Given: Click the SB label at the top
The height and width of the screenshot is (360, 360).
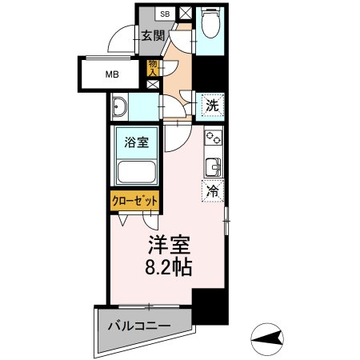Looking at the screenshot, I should (165, 14).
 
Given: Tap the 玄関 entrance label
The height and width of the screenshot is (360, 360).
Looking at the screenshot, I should (154, 35).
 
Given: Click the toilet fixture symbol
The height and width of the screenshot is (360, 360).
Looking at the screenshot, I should (211, 26).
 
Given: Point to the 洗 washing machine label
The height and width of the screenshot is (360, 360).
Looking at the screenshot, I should (211, 104).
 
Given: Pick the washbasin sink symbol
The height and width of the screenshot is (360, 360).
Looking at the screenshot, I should (121, 107).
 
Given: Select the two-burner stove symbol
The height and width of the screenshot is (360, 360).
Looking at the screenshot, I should (214, 138).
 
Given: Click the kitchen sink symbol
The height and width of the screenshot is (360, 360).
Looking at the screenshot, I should (214, 167).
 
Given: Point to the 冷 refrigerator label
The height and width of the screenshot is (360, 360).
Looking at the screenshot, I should (214, 190).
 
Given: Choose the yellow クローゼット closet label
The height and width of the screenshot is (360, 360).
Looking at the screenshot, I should (134, 200).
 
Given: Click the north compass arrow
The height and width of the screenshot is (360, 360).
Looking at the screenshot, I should (270, 339).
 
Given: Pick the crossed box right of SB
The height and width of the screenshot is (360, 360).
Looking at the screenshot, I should (185, 14).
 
